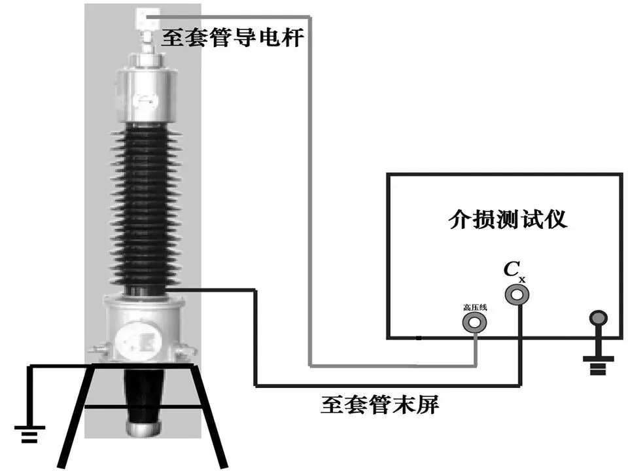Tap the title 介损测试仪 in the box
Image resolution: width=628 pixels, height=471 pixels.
[508, 219]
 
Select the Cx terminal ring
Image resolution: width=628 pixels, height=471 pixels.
[517, 294]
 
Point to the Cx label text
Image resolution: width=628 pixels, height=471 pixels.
[514, 270]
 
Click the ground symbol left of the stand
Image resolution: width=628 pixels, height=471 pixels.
[29, 432]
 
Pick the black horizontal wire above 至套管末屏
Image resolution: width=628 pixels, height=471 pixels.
[386, 385]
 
